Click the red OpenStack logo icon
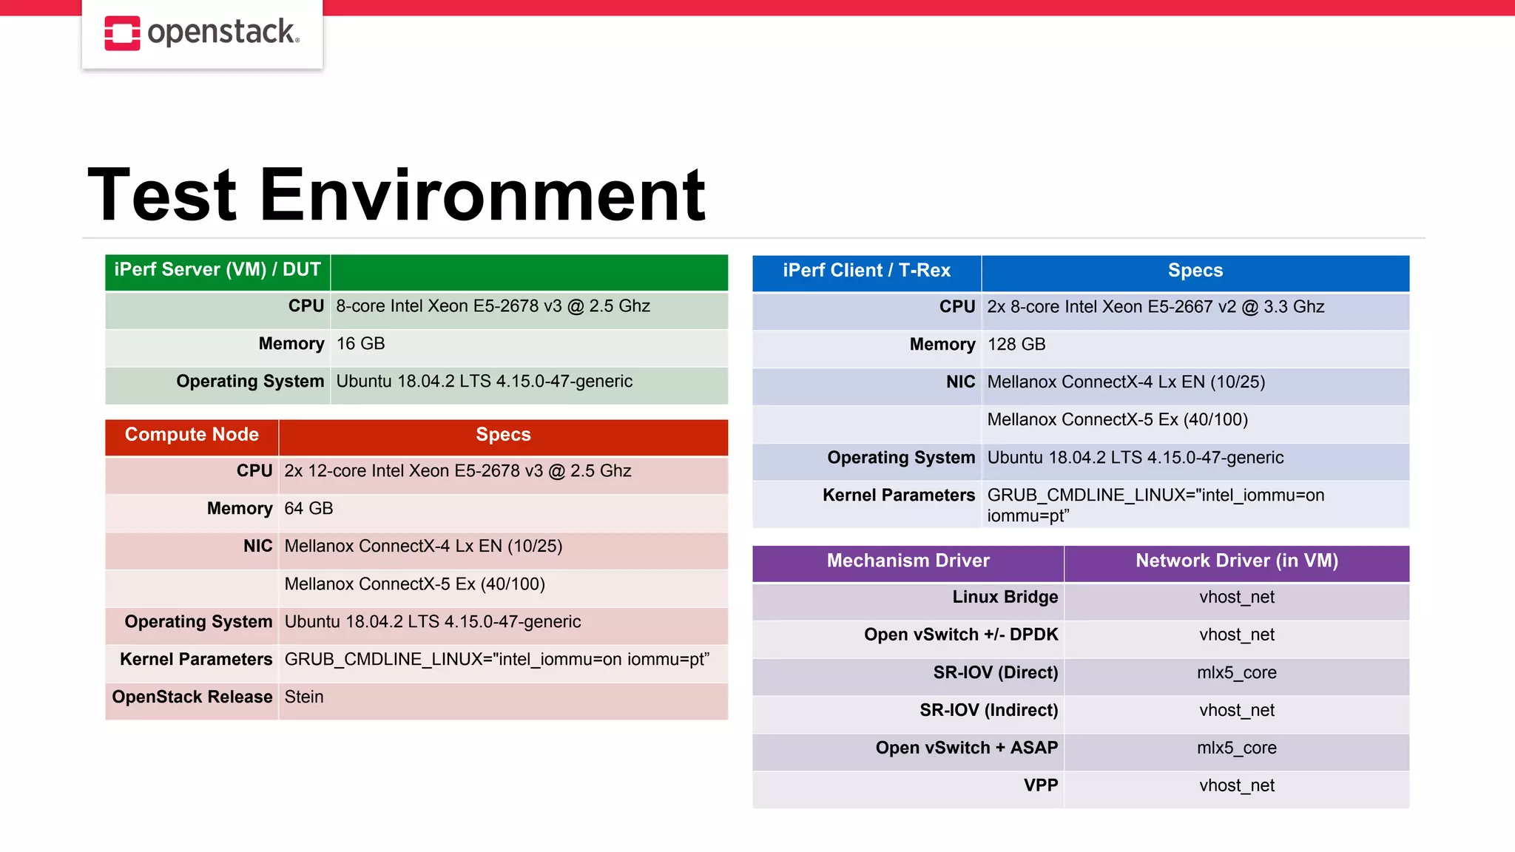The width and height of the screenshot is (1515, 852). pos(122,33)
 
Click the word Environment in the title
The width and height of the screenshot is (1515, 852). pos(482,195)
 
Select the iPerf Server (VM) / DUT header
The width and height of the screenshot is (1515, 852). pos(217,270)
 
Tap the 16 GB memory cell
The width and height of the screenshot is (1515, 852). pos(360,344)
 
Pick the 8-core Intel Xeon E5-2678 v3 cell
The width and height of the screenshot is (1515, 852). pos(493,306)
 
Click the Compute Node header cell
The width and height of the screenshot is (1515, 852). pos(192,435)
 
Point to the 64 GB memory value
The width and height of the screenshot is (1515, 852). pos(308,509)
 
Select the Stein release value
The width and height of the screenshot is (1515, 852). pos(304,697)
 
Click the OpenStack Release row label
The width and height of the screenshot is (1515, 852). pos(192,697)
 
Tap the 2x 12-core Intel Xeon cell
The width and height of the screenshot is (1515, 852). pos(457,471)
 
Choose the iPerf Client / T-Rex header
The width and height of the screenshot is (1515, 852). pos(866,271)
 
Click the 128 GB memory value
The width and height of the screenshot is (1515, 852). pos(1016,345)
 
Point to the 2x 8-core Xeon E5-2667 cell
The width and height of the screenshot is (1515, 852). pos(1155,307)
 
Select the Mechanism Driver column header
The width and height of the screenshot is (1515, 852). pos(908,561)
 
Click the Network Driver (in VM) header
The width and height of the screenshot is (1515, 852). pos(1236,561)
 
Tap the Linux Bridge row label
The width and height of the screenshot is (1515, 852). pos(1005,598)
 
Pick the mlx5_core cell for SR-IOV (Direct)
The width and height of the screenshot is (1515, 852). pos(1236,673)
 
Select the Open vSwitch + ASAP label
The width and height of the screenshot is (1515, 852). pos(966,748)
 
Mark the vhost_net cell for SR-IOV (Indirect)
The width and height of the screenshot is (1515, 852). pos(1236,711)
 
